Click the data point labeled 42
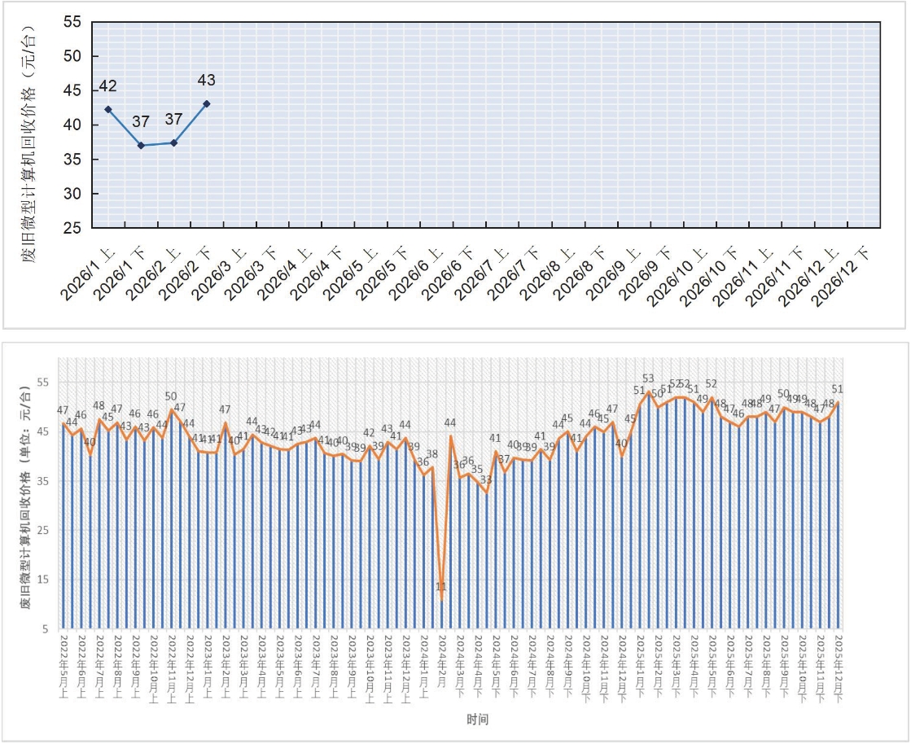point(108,109)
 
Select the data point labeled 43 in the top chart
point(207,103)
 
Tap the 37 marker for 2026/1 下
point(141,145)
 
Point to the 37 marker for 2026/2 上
point(173,142)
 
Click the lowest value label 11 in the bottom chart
point(441,586)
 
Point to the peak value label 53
point(648,379)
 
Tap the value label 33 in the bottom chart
point(486,480)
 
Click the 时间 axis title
point(479,720)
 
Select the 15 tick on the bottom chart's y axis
point(46,580)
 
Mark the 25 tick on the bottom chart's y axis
point(46,531)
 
